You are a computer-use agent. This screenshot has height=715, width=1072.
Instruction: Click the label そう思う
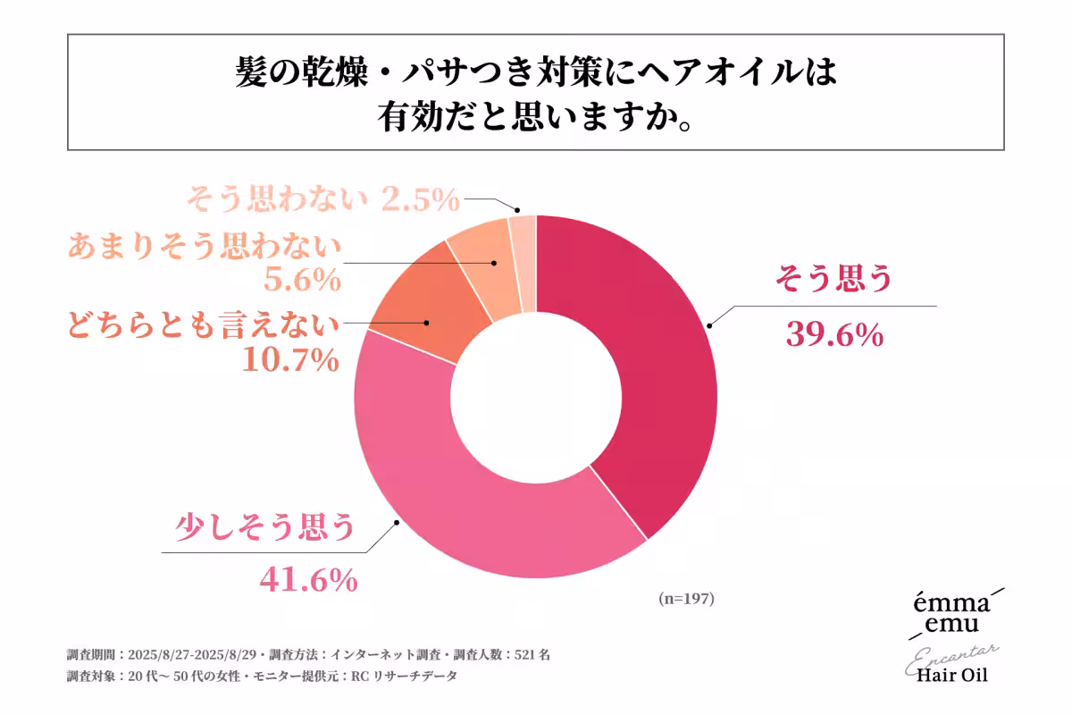[833, 280]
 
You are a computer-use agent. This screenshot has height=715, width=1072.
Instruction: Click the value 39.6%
[834, 334]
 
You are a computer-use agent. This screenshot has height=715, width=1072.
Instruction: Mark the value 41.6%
[308, 580]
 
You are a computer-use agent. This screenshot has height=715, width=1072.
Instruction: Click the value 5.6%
[302, 281]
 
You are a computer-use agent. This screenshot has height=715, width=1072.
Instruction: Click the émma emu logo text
[945, 612]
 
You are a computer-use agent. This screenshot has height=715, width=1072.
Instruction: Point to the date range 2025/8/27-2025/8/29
[196, 654]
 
